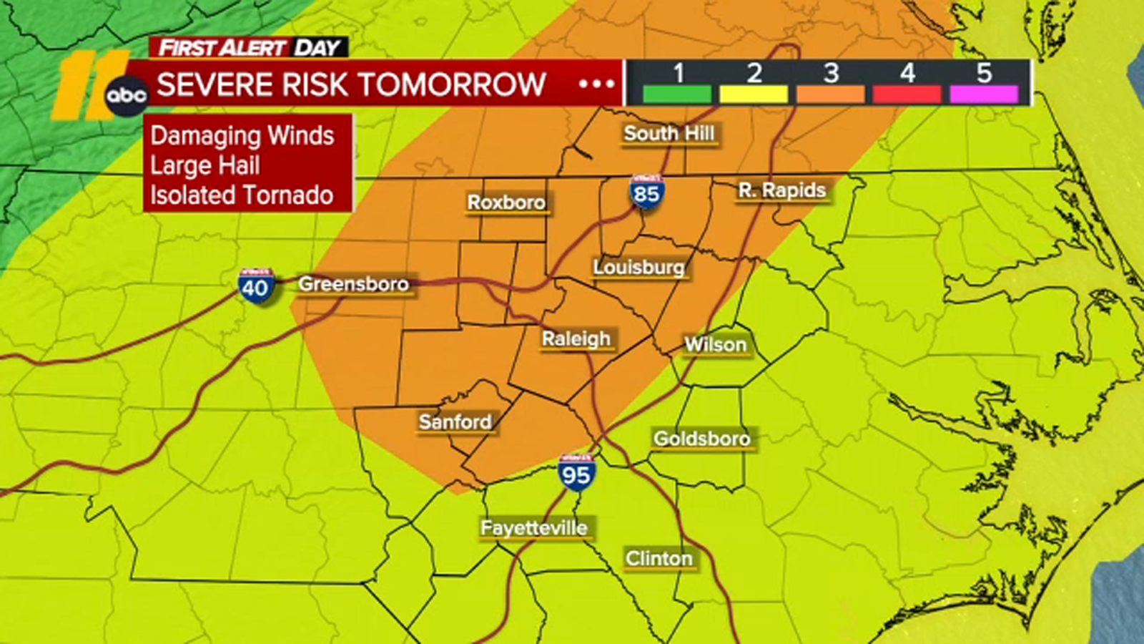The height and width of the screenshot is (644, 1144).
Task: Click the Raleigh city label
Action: tap(576, 338)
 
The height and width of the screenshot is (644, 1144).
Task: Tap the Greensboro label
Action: tap(353, 284)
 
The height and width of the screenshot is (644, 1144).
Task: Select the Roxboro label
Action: tap(506, 203)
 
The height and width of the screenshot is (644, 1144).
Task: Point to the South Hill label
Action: tap(669, 133)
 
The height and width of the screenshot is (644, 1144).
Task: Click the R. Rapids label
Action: tap(782, 190)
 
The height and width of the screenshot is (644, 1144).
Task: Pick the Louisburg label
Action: tap(638, 267)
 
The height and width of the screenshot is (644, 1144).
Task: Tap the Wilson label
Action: tap(715, 344)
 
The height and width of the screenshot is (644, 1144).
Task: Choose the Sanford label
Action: tap(455, 421)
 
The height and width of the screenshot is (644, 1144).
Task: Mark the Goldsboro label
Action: tap(701, 438)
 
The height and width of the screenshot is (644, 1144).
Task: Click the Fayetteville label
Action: tap(534, 528)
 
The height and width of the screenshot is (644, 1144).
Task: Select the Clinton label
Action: tap(659, 558)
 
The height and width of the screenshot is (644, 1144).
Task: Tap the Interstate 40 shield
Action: tap(255, 286)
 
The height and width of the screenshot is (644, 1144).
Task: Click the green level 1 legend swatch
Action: tap(677, 94)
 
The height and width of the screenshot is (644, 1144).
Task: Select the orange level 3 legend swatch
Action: tap(830, 94)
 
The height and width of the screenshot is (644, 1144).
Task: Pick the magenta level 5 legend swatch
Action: tap(984, 94)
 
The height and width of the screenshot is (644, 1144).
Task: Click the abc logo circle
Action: tap(127, 94)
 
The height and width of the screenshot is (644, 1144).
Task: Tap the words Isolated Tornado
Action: tap(242, 195)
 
